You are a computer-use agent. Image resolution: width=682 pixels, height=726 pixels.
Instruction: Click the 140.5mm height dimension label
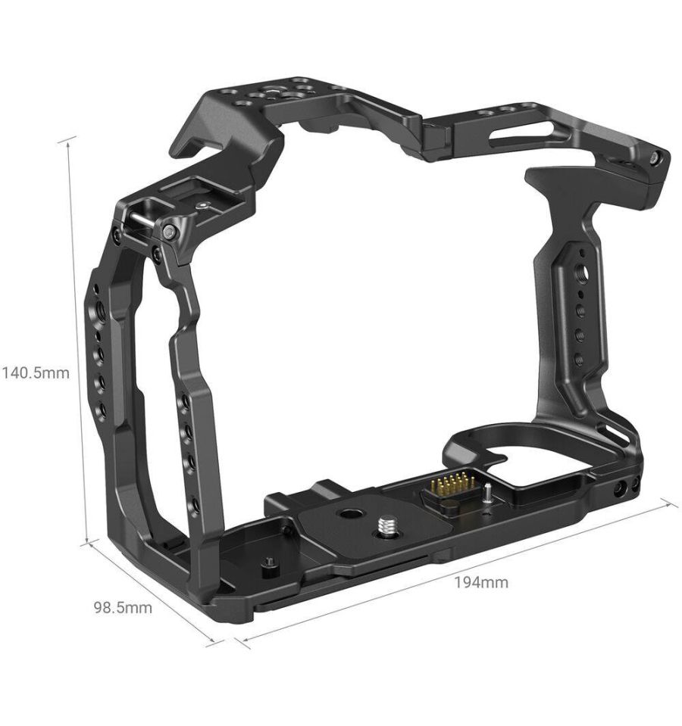click(x=36, y=372)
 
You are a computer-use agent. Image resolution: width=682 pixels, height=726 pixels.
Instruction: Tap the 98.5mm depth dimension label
click(x=124, y=607)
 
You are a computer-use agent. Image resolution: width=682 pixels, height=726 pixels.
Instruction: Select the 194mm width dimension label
click(x=480, y=581)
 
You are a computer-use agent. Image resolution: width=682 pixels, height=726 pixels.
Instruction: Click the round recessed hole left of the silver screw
click(x=348, y=513)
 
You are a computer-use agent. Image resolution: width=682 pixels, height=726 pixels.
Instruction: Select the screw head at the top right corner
click(x=653, y=158)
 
